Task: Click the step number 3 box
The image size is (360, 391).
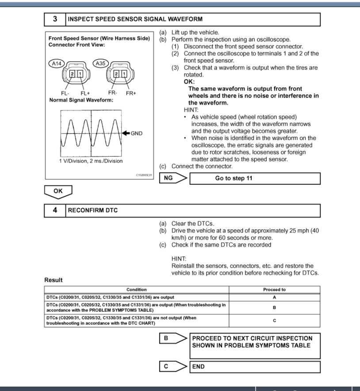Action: click(x=55, y=19)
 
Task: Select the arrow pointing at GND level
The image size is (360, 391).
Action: click(x=125, y=132)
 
